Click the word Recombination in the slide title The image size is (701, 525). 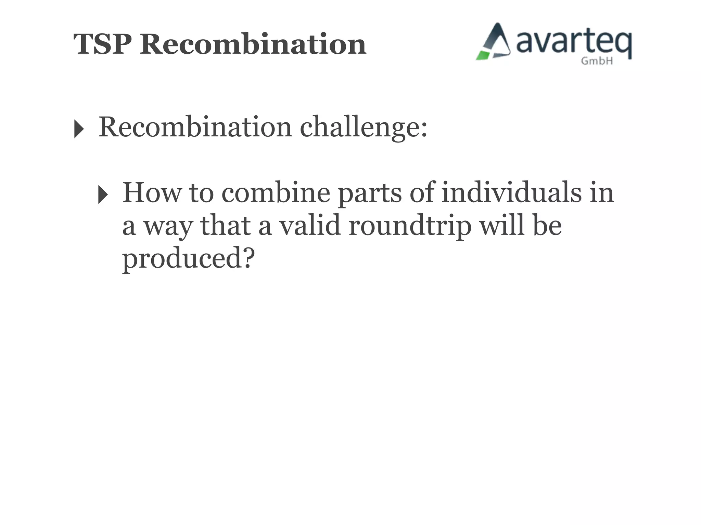pyautogui.click(x=253, y=44)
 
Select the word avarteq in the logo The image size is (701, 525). pyautogui.click(x=574, y=43)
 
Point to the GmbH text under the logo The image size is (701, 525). pyautogui.click(x=597, y=61)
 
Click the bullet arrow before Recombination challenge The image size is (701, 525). pyautogui.click(x=79, y=129)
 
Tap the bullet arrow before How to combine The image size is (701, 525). pyautogui.click(x=103, y=194)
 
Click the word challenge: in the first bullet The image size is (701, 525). pyautogui.click(x=364, y=127)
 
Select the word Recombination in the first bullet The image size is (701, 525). pyautogui.click(x=195, y=127)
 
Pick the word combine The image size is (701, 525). pyautogui.click(x=276, y=192)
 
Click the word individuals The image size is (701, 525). pyautogui.click(x=511, y=192)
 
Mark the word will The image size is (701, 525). pyautogui.click(x=502, y=225)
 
